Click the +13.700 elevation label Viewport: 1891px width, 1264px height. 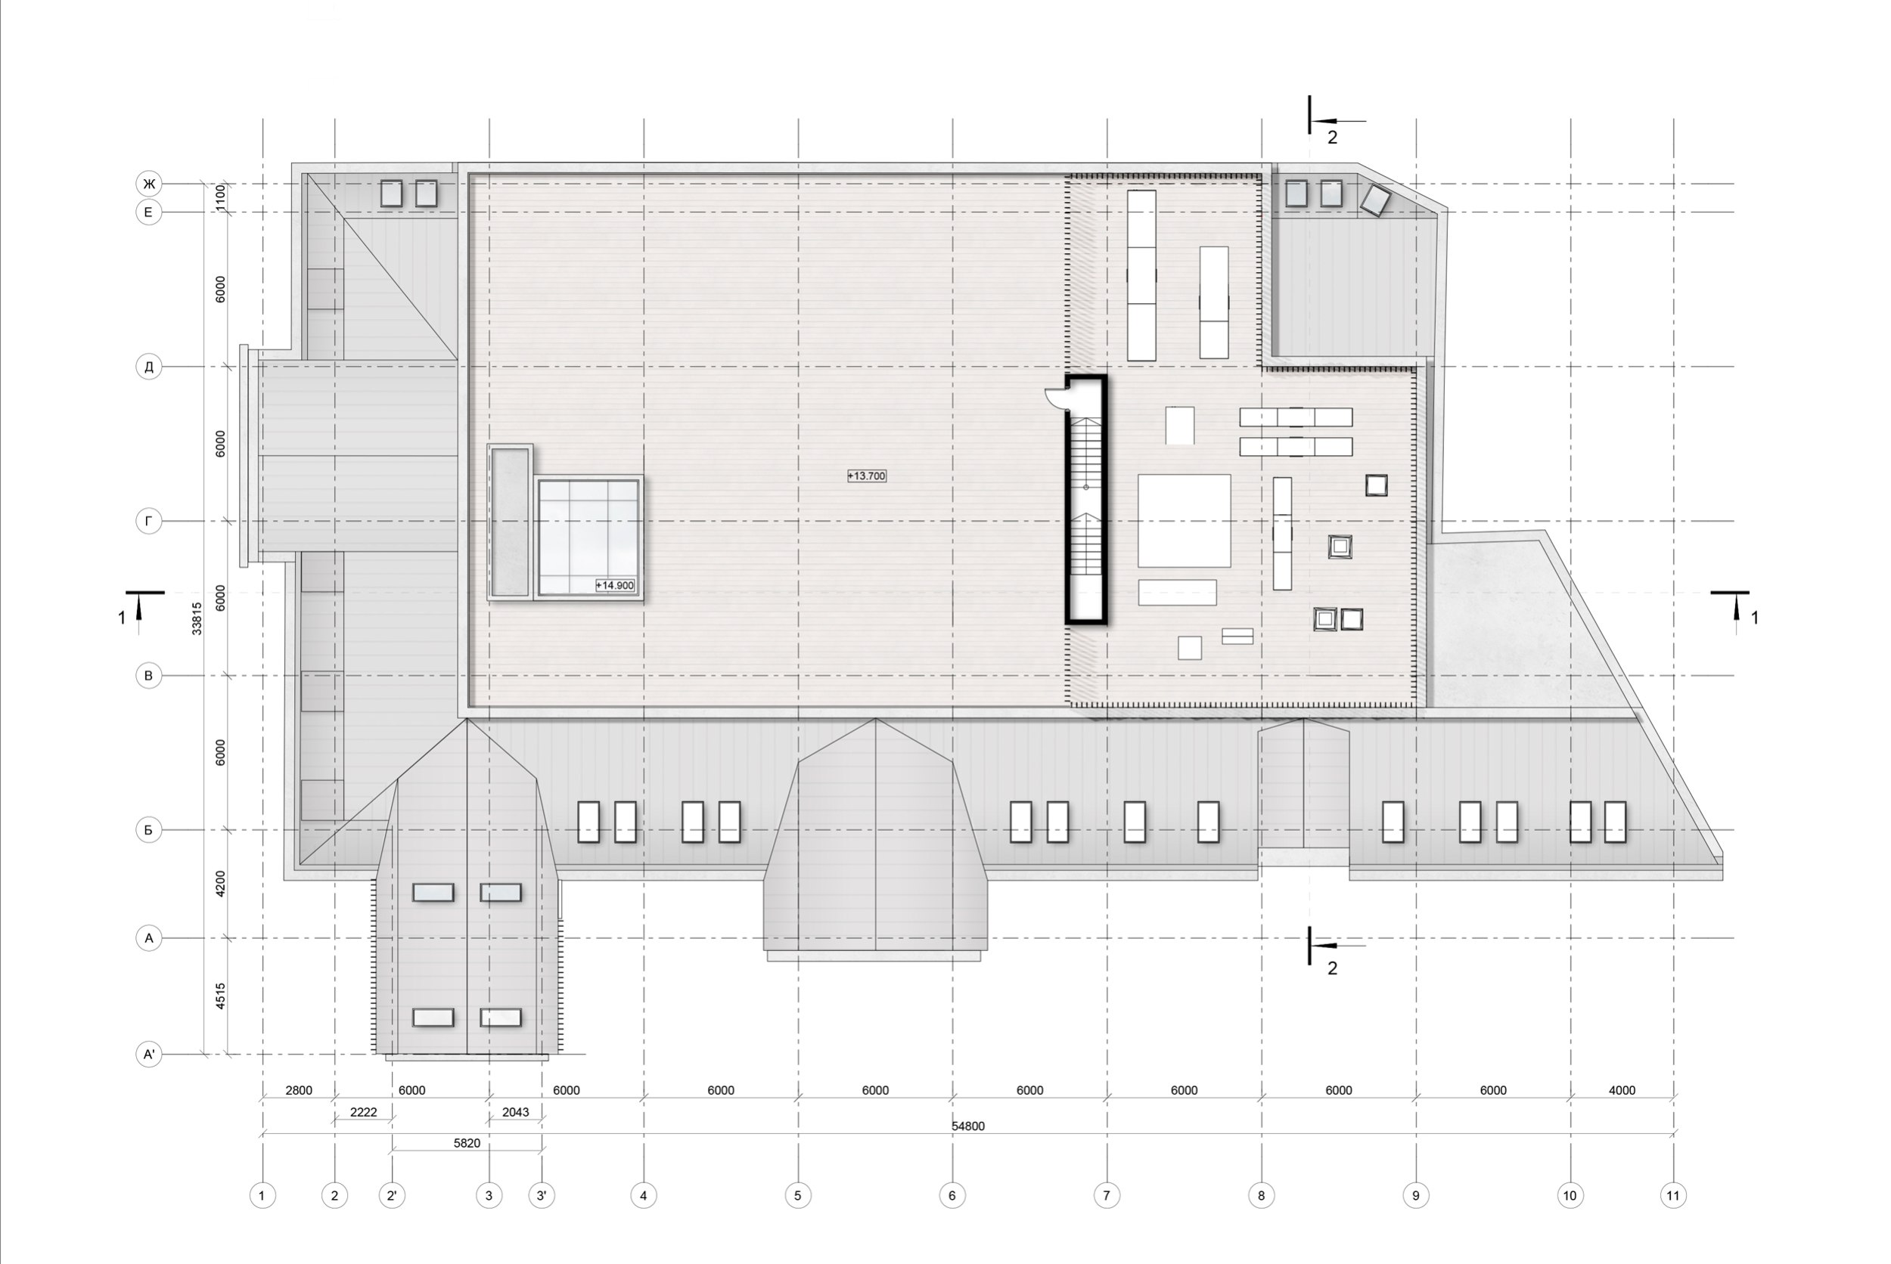click(866, 476)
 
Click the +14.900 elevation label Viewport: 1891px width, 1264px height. click(614, 585)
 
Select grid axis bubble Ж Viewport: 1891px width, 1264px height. click(148, 184)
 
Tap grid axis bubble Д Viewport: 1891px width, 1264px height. click(148, 367)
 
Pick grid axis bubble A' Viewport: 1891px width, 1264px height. click(148, 1054)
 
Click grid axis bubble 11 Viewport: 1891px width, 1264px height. click(1673, 1195)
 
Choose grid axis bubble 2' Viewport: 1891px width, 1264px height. click(391, 1195)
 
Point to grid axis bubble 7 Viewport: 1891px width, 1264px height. click(1107, 1195)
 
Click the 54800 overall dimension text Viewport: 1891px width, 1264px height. click(967, 1126)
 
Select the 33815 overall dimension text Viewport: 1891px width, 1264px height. click(197, 618)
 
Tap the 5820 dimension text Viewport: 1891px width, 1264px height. click(467, 1143)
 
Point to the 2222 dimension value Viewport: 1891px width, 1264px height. click(363, 1113)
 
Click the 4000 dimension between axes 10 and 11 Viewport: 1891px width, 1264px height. click(1622, 1091)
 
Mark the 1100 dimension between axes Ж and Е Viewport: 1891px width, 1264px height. click(220, 197)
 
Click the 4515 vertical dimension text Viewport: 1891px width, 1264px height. click(220, 996)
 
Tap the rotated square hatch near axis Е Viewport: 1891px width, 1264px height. click(1375, 200)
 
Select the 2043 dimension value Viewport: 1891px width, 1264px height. click(515, 1113)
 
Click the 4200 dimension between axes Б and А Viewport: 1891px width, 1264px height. click(220, 884)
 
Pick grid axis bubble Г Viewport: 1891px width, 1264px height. click(148, 521)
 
